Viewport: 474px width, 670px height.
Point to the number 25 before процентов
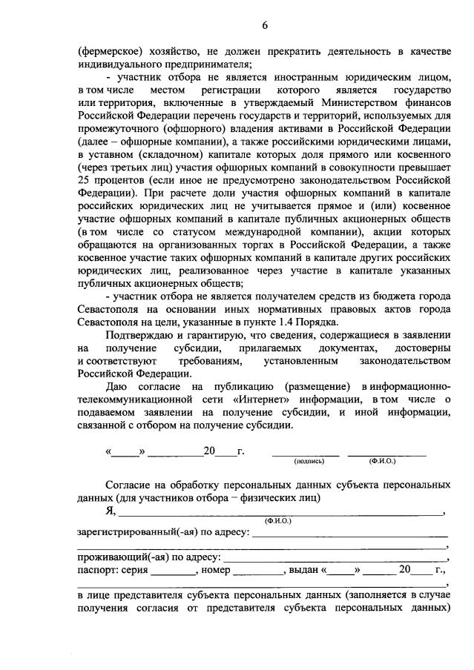[x=83, y=180]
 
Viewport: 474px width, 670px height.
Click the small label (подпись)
[x=309, y=460]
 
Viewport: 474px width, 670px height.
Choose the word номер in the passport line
[x=215, y=571]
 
